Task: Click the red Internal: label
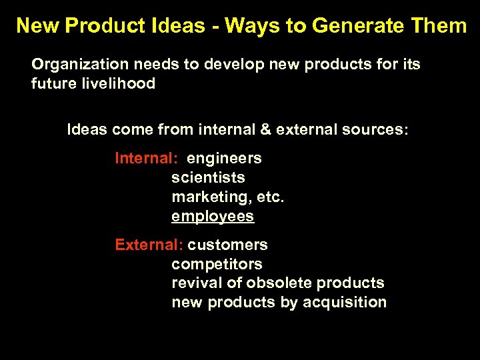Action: coord(146,159)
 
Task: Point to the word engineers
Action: coord(224,159)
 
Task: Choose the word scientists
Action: coord(208,178)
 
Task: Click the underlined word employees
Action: coord(213,217)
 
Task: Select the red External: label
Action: coord(149,245)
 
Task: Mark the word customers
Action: coord(227,245)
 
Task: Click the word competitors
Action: coord(217,264)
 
